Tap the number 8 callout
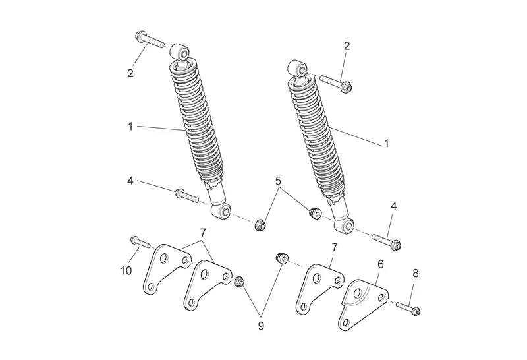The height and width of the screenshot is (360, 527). point(414,272)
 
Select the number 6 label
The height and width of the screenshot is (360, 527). point(380,263)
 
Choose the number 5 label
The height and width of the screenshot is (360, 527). point(278,179)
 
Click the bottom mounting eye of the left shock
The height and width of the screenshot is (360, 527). point(221,212)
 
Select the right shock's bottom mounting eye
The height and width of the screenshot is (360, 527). point(345,225)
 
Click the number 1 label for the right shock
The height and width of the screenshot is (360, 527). point(386,142)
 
